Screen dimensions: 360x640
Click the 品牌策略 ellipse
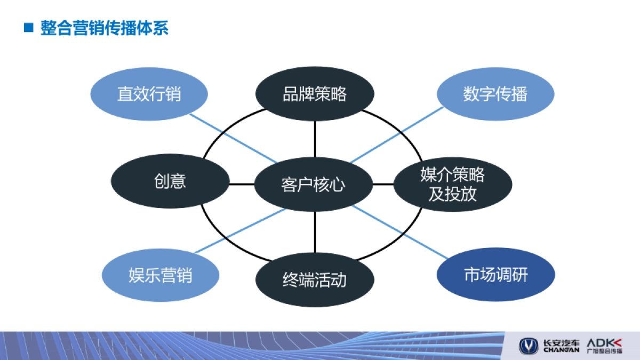pos(315,94)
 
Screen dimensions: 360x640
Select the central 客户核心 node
pos(313,185)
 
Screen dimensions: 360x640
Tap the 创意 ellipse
pos(170,181)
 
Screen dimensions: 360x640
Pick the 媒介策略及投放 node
pos(453,184)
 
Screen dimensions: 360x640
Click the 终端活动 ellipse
pos(315,279)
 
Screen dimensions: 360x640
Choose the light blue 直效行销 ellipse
pos(149,94)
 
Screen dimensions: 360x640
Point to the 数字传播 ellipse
pos(495,94)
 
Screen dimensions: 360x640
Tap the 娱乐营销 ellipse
pos(161,275)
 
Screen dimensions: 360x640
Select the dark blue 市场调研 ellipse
pos(495,275)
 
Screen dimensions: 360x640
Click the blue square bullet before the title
pos(29,28)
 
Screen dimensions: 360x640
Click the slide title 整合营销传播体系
pos(105,28)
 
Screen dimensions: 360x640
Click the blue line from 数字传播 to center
pos(397,134)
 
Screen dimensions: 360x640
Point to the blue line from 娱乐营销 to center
pos(240,230)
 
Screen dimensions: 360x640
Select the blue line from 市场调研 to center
pos(400,234)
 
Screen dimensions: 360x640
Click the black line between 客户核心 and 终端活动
pos(315,232)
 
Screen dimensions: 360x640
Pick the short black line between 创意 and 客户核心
pos(242,185)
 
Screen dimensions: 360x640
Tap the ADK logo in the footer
pos(604,342)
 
